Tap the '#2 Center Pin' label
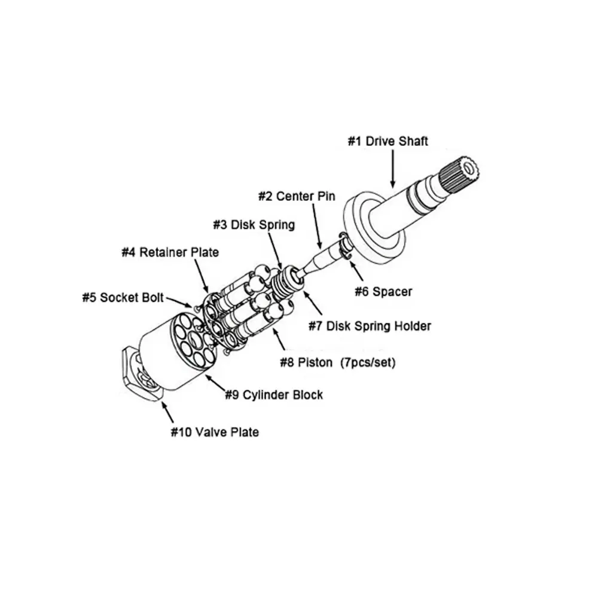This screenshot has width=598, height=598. pos(297,196)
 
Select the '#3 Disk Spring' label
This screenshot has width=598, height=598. pos(254,225)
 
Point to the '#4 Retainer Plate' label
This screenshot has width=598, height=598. pos(170,252)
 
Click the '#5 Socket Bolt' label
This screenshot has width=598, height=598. pos(123,297)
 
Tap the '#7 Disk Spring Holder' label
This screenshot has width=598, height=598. pos(369,327)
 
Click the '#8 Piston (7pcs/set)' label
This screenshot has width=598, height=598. pos(338,362)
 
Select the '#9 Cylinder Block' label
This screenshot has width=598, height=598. pos(274,395)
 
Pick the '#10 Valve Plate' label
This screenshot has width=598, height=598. pos(215,431)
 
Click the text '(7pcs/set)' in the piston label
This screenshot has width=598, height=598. pos(367,362)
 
